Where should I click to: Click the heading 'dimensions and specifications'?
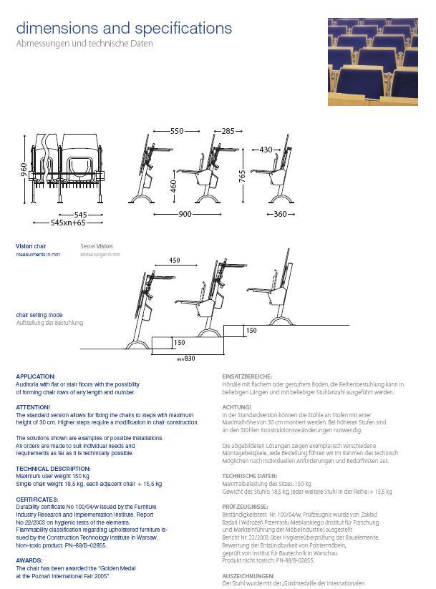pos(124,29)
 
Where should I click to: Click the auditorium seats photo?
pos(372,62)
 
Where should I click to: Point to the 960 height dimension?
pos(24,170)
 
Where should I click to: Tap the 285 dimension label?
pos(228,132)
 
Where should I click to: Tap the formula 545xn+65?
pos(73,223)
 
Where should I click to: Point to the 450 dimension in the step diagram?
pos(175,260)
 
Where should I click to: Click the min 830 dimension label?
pos(185,358)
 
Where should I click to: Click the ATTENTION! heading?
pos(33,407)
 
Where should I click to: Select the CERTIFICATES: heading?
pos(37,499)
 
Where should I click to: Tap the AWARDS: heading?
pos(29,560)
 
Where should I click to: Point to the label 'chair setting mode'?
pos(39,314)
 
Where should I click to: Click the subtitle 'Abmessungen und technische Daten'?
pos(84,44)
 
